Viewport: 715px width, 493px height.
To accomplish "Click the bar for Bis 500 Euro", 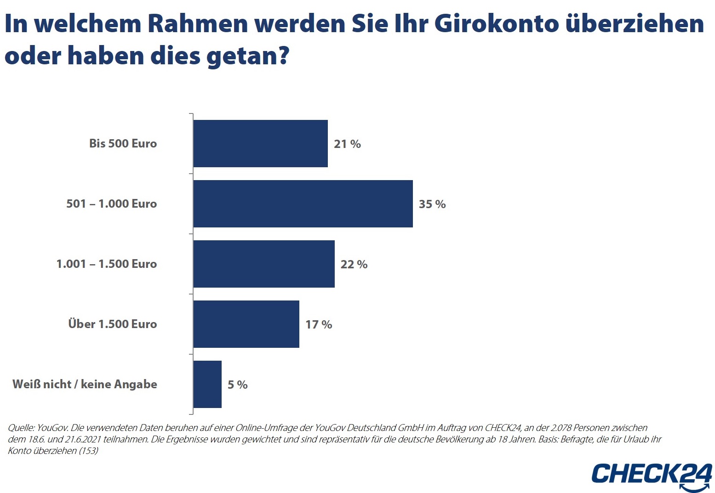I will tap(260, 143).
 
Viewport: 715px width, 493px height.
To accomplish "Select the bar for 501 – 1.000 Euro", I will tap(303, 204).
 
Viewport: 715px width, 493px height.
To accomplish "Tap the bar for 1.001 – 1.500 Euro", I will tap(263, 264).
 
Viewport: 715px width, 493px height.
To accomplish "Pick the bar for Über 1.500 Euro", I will tap(246, 324).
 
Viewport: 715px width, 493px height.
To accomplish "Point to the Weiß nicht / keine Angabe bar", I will tap(207, 384).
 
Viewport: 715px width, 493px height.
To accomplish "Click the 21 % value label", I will tap(347, 144).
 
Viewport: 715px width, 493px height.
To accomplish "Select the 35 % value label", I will tap(432, 204).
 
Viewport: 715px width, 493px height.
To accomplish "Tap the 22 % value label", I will tap(354, 265).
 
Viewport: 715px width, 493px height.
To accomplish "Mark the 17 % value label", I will tap(319, 325).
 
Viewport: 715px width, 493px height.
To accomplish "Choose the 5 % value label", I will tap(238, 385).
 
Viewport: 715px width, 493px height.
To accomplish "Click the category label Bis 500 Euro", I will tap(123, 144).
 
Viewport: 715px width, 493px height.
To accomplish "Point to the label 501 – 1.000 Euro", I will tap(111, 204).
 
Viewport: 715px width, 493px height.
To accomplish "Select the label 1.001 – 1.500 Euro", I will tap(107, 264).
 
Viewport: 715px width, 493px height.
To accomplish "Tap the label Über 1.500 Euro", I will tap(113, 324).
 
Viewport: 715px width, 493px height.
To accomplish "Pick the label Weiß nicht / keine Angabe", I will tap(85, 385).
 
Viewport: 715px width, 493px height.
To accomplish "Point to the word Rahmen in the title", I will tap(198, 24).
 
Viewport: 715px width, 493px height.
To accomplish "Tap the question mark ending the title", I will tap(284, 56).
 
